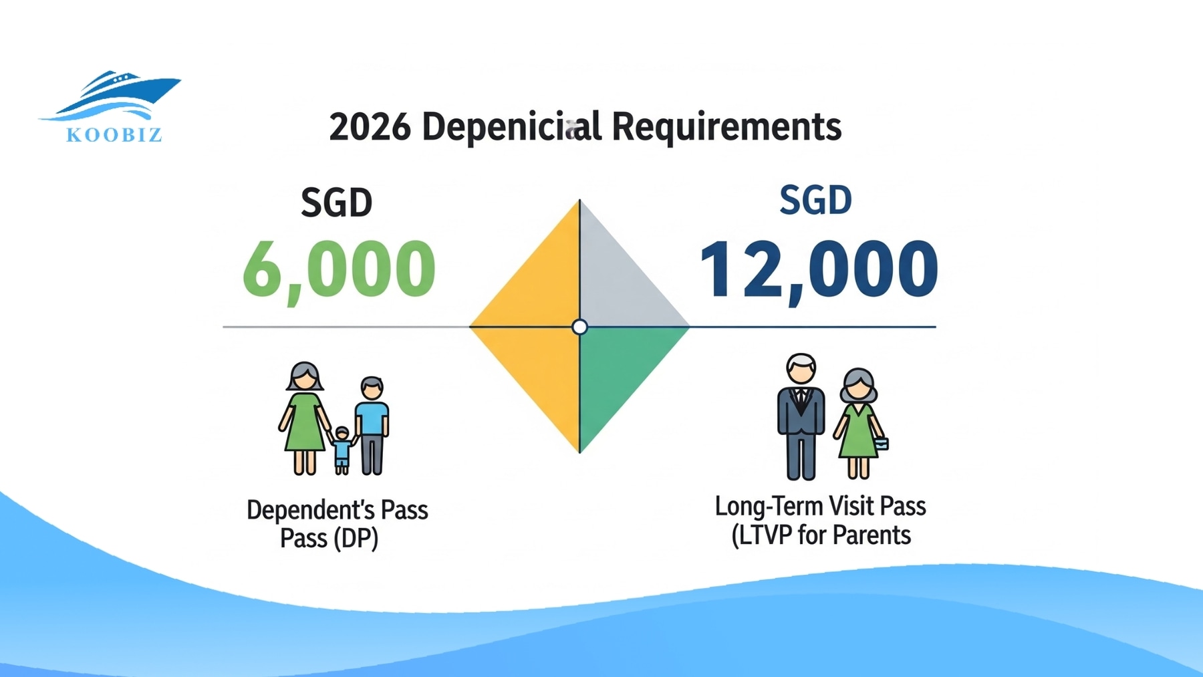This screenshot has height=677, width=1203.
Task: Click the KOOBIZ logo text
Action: point(114,135)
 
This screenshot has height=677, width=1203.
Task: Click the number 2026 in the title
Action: point(370,126)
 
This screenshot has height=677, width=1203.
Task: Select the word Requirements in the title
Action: point(726,126)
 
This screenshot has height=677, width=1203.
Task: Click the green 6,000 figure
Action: point(339,269)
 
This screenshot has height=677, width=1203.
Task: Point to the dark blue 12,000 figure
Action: point(819,269)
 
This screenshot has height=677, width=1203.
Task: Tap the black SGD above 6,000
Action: point(336,202)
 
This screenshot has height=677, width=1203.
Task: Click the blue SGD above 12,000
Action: point(815,200)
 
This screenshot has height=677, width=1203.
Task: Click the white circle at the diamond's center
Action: point(580,327)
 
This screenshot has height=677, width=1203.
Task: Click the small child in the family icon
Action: point(342,450)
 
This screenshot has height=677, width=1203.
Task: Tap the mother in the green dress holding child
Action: point(305,418)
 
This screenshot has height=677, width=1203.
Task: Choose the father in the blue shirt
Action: point(372,424)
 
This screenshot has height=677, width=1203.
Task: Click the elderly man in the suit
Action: point(801,418)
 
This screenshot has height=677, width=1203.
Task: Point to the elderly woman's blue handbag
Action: point(882,443)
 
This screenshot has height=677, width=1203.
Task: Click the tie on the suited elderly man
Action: point(801,400)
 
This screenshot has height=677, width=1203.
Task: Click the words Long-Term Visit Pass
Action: point(820,507)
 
